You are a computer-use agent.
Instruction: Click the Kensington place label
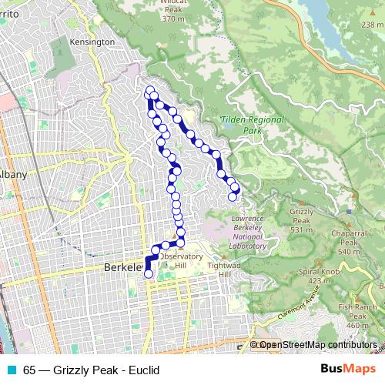pos(92,42)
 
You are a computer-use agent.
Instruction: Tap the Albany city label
pos(13,175)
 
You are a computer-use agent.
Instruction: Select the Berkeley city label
pos(122,267)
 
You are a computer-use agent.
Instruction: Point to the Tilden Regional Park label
pos(251,126)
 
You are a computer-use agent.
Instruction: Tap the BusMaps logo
pos(345,370)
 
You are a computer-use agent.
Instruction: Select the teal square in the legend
pos(10,370)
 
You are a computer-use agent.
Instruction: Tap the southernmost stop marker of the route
pos(149,273)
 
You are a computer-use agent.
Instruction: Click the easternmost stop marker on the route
pos(236,190)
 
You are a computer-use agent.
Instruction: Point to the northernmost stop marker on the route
pos(149,91)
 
